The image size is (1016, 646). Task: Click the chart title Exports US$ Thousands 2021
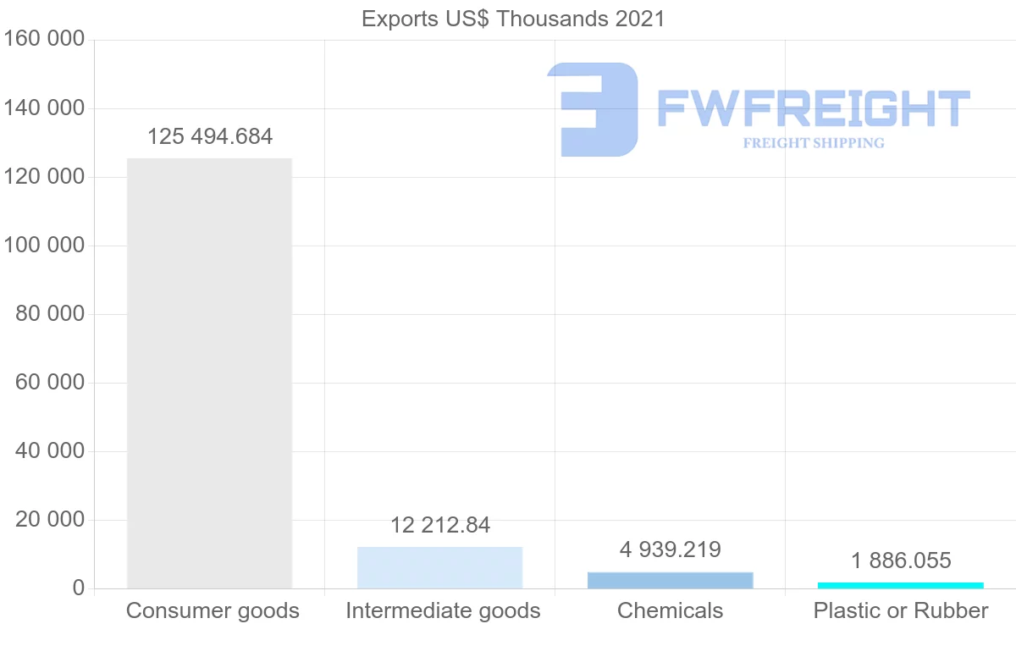(513, 19)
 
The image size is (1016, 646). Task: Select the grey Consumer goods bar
(209, 373)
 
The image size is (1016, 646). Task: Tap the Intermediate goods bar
(439, 567)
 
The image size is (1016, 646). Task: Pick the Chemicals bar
(670, 580)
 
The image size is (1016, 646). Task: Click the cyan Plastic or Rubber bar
(900, 585)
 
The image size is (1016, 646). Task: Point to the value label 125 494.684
(210, 137)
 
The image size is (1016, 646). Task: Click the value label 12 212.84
(440, 526)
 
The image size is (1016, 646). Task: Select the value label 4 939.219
(670, 550)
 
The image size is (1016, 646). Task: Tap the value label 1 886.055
(901, 560)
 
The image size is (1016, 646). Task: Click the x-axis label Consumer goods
(213, 610)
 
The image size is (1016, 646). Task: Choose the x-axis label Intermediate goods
(443, 610)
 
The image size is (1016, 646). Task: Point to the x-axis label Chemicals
(670, 610)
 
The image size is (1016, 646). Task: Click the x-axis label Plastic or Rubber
(901, 610)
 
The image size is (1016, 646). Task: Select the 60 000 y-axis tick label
(50, 383)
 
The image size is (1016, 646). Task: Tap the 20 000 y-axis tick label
(50, 520)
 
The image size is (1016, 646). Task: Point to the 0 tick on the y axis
(78, 588)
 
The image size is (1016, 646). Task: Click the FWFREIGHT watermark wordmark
(813, 109)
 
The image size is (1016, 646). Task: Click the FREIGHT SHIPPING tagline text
(813, 143)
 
